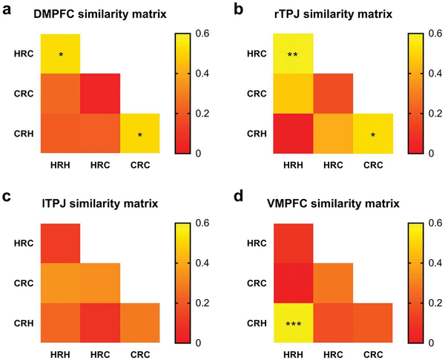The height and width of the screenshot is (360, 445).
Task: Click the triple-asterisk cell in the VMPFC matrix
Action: pos(294,324)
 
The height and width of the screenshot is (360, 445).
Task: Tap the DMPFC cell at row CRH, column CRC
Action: pos(139,134)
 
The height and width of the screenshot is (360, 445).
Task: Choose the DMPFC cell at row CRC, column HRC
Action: pos(99,94)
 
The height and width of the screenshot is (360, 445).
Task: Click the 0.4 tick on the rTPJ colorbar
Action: pos(432,73)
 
